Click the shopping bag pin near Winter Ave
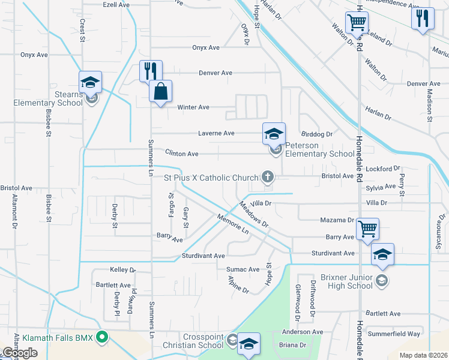point(160,92)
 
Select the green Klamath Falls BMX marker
point(102,338)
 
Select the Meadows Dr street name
point(253,214)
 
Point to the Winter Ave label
point(193,107)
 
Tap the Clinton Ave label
point(182,154)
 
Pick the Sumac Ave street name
point(243,270)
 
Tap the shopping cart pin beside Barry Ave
point(367,229)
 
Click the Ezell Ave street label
point(116,4)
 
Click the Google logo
point(20,353)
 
